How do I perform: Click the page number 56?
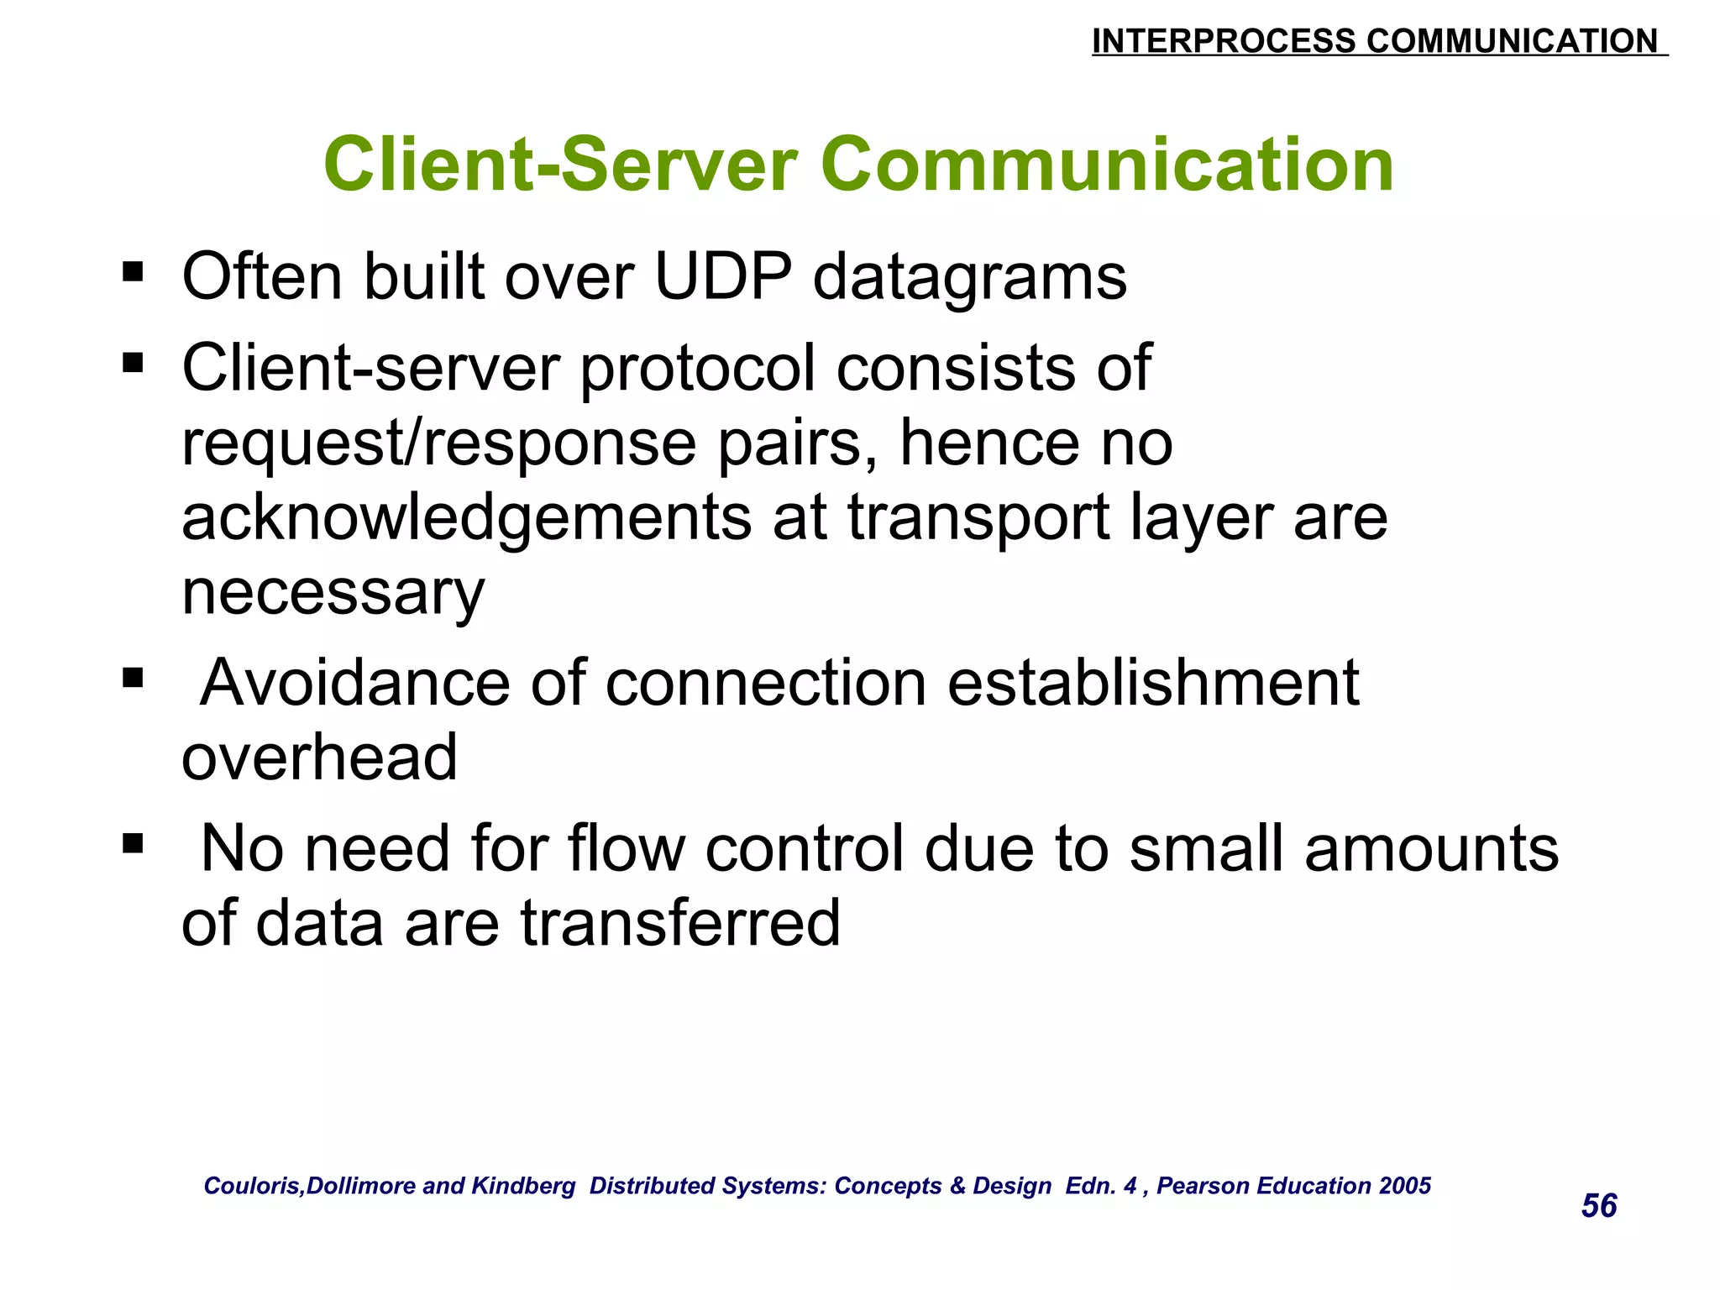coord(1598,1206)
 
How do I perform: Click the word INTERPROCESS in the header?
coord(1224,41)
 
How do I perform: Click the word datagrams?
coord(969,279)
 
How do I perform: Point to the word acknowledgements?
coord(466,519)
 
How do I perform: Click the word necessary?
coord(333,593)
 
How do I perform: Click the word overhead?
coord(319,758)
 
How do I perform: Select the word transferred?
coord(679,923)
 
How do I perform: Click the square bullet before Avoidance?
coord(133,678)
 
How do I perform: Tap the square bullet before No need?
coord(133,843)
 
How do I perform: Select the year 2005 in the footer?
coord(1405,1186)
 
